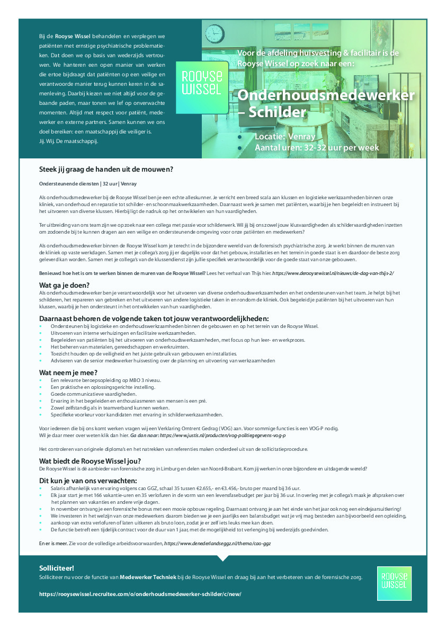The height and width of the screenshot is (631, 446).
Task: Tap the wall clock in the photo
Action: point(215,34)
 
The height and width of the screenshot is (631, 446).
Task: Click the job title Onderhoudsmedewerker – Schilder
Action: point(325,104)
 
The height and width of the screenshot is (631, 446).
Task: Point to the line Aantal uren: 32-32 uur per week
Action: point(316,148)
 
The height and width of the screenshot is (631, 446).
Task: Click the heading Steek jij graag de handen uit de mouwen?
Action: point(106,170)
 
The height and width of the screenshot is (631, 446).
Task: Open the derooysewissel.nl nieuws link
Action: point(333,273)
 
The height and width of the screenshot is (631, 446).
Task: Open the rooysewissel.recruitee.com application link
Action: point(140,594)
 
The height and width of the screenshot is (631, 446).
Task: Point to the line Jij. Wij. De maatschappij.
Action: point(69,141)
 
